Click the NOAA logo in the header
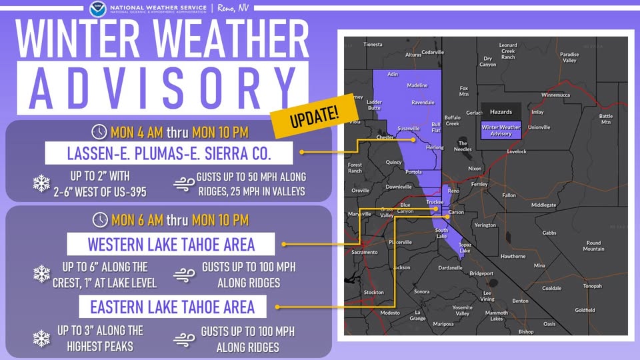tap(97, 9)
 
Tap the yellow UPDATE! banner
tap(314, 115)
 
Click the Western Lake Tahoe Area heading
tap(171, 245)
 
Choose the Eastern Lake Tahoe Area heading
tap(173, 307)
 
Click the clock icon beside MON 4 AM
tap(99, 131)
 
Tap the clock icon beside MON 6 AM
tap(100, 219)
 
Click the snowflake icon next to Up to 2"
tap(41, 183)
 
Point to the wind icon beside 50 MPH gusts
tap(183, 183)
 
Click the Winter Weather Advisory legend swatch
tap(501, 130)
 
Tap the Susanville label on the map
tap(408, 128)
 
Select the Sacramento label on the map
tap(365, 253)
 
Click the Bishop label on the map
tap(526, 331)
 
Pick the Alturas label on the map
tap(413, 55)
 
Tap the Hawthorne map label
tap(513, 256)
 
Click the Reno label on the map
tap(453, 191)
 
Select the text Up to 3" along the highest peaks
tap(100, 339)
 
